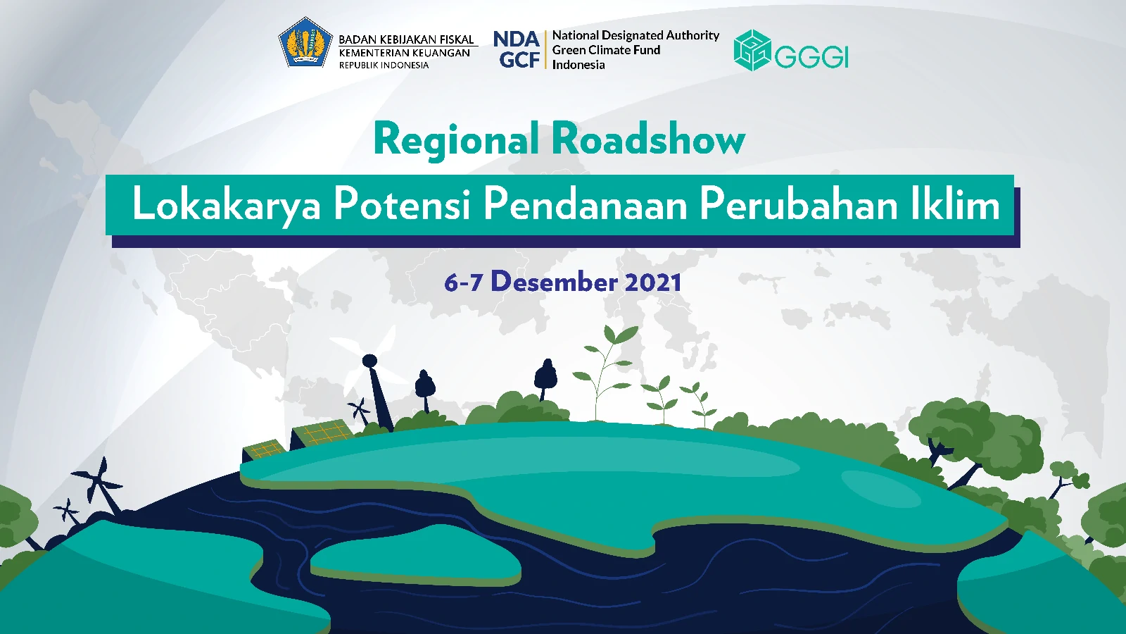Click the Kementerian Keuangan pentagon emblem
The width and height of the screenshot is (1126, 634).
click(305, 43)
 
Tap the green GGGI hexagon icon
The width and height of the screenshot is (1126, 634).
click(752, 50)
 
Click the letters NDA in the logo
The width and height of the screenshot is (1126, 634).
click(517, 39)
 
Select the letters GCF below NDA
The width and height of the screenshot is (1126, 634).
click(519, 60)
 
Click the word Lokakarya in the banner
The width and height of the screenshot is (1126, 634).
click(226, 206)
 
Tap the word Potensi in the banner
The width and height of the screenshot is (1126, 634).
click(402, 204)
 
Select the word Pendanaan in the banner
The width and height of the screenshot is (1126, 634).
click(586, 204)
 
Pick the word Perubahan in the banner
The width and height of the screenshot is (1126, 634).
click(799, 204)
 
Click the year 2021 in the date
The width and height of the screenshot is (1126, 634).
click(653, 282)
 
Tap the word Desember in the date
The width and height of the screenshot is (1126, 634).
click(554, 281)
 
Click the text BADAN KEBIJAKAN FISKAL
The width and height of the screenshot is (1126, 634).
click(407, 39)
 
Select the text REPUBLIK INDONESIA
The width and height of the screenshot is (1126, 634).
click(384, 65)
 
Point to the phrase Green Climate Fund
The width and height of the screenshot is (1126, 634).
click(606, 50)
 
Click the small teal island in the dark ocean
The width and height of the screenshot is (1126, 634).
click(415, 555)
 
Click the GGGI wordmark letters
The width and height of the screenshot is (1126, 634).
click(811, 56)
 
